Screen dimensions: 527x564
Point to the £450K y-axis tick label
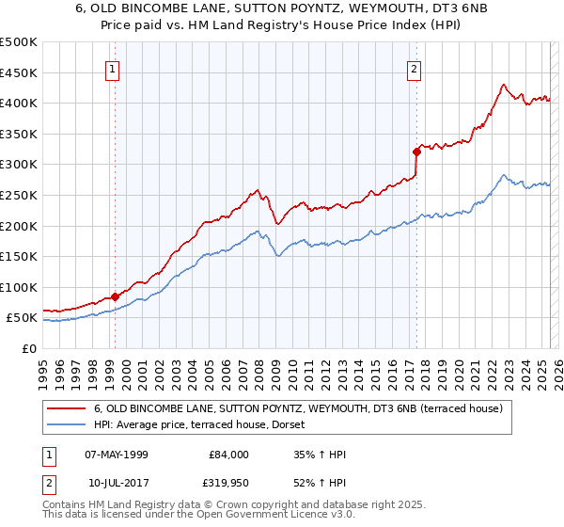pyautogui.click(x=19, y=72)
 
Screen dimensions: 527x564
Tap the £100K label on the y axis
pyautogui.click(x=19, y=287)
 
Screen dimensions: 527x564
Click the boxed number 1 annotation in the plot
pyautogui.click(x=113, y=68)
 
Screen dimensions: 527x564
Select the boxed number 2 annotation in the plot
pyautogui.click(x=414, y=68)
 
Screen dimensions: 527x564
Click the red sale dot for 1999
pyautogui.click(x=115, y=296)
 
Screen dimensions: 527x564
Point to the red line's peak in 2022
pyautogui.click(x=505, y=84)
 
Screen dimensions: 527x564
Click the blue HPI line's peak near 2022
pyautogui.click(x=505, y=175)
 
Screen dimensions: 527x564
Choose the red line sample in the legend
pyautogui.click(x=68, y=408)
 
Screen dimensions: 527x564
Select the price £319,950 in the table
pyautogui.click(x=225, y=482)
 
